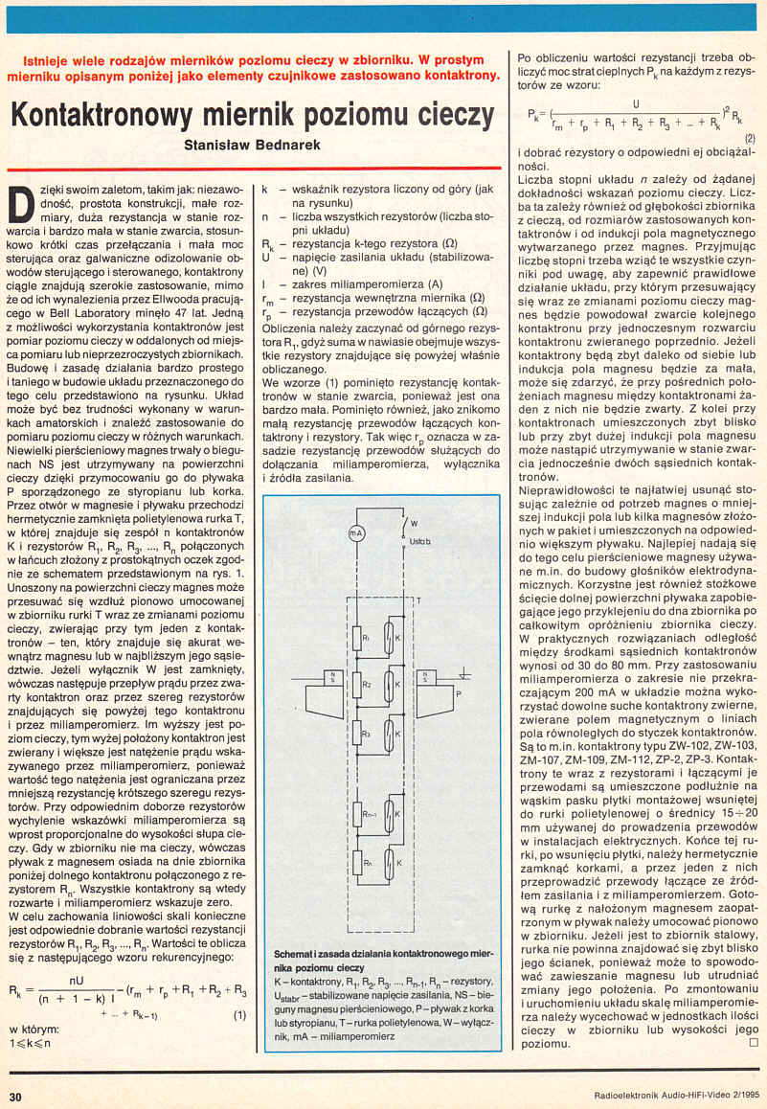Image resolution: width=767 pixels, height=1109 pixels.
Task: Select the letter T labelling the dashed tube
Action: click(x=418, y=600)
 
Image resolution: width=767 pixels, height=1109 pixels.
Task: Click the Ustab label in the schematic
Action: click(x=421, y=542)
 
